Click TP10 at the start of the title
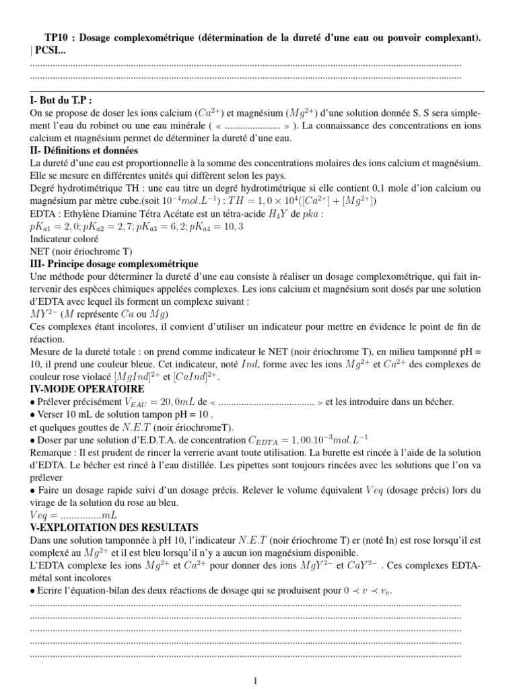(x=46, y=38)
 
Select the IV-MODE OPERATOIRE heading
(x=88, y=389)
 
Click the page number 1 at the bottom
(x=256, y=680)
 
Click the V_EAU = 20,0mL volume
(x=156, y=402)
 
